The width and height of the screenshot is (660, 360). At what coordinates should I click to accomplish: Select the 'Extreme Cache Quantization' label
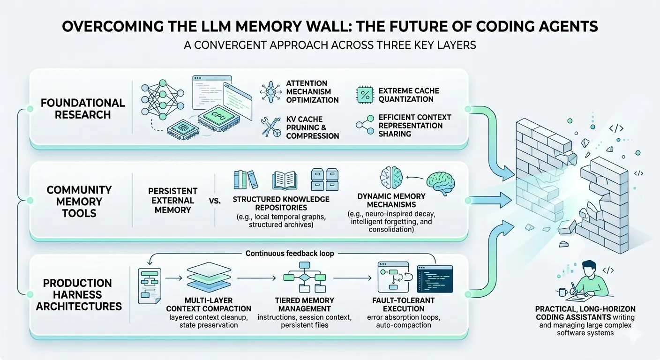click(x=409, y=95)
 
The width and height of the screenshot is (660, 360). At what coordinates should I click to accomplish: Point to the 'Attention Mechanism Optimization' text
click(x=312, y=91)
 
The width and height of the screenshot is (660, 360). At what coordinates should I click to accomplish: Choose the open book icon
click(x=285, y=180)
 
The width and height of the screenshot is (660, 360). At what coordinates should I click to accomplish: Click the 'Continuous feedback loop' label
click(x=290, y=253)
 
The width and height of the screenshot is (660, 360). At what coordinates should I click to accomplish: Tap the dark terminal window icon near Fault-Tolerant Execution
click(x=435, y=278)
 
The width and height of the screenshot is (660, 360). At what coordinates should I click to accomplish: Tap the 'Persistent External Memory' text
click(x=172, y=200)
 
